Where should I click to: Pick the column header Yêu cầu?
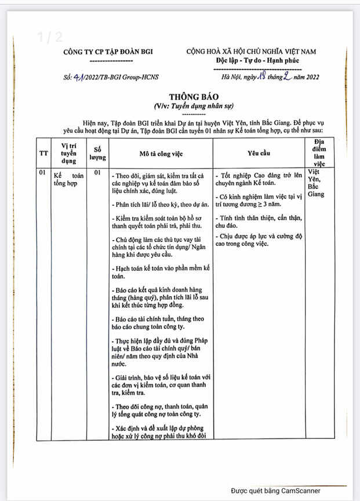click(x=258, y=153)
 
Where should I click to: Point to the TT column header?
click(x=43, y=153)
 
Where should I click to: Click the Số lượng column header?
click(x=97, y=153)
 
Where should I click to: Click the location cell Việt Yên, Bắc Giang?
click(x=316, y=183)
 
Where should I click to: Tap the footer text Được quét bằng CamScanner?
click(x=276, y=491)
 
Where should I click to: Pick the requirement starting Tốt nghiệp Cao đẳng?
click(x=258, y=179)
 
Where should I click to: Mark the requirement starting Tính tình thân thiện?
click(x=258, y=222)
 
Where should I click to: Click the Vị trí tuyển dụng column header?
click(x=68, y=153)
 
